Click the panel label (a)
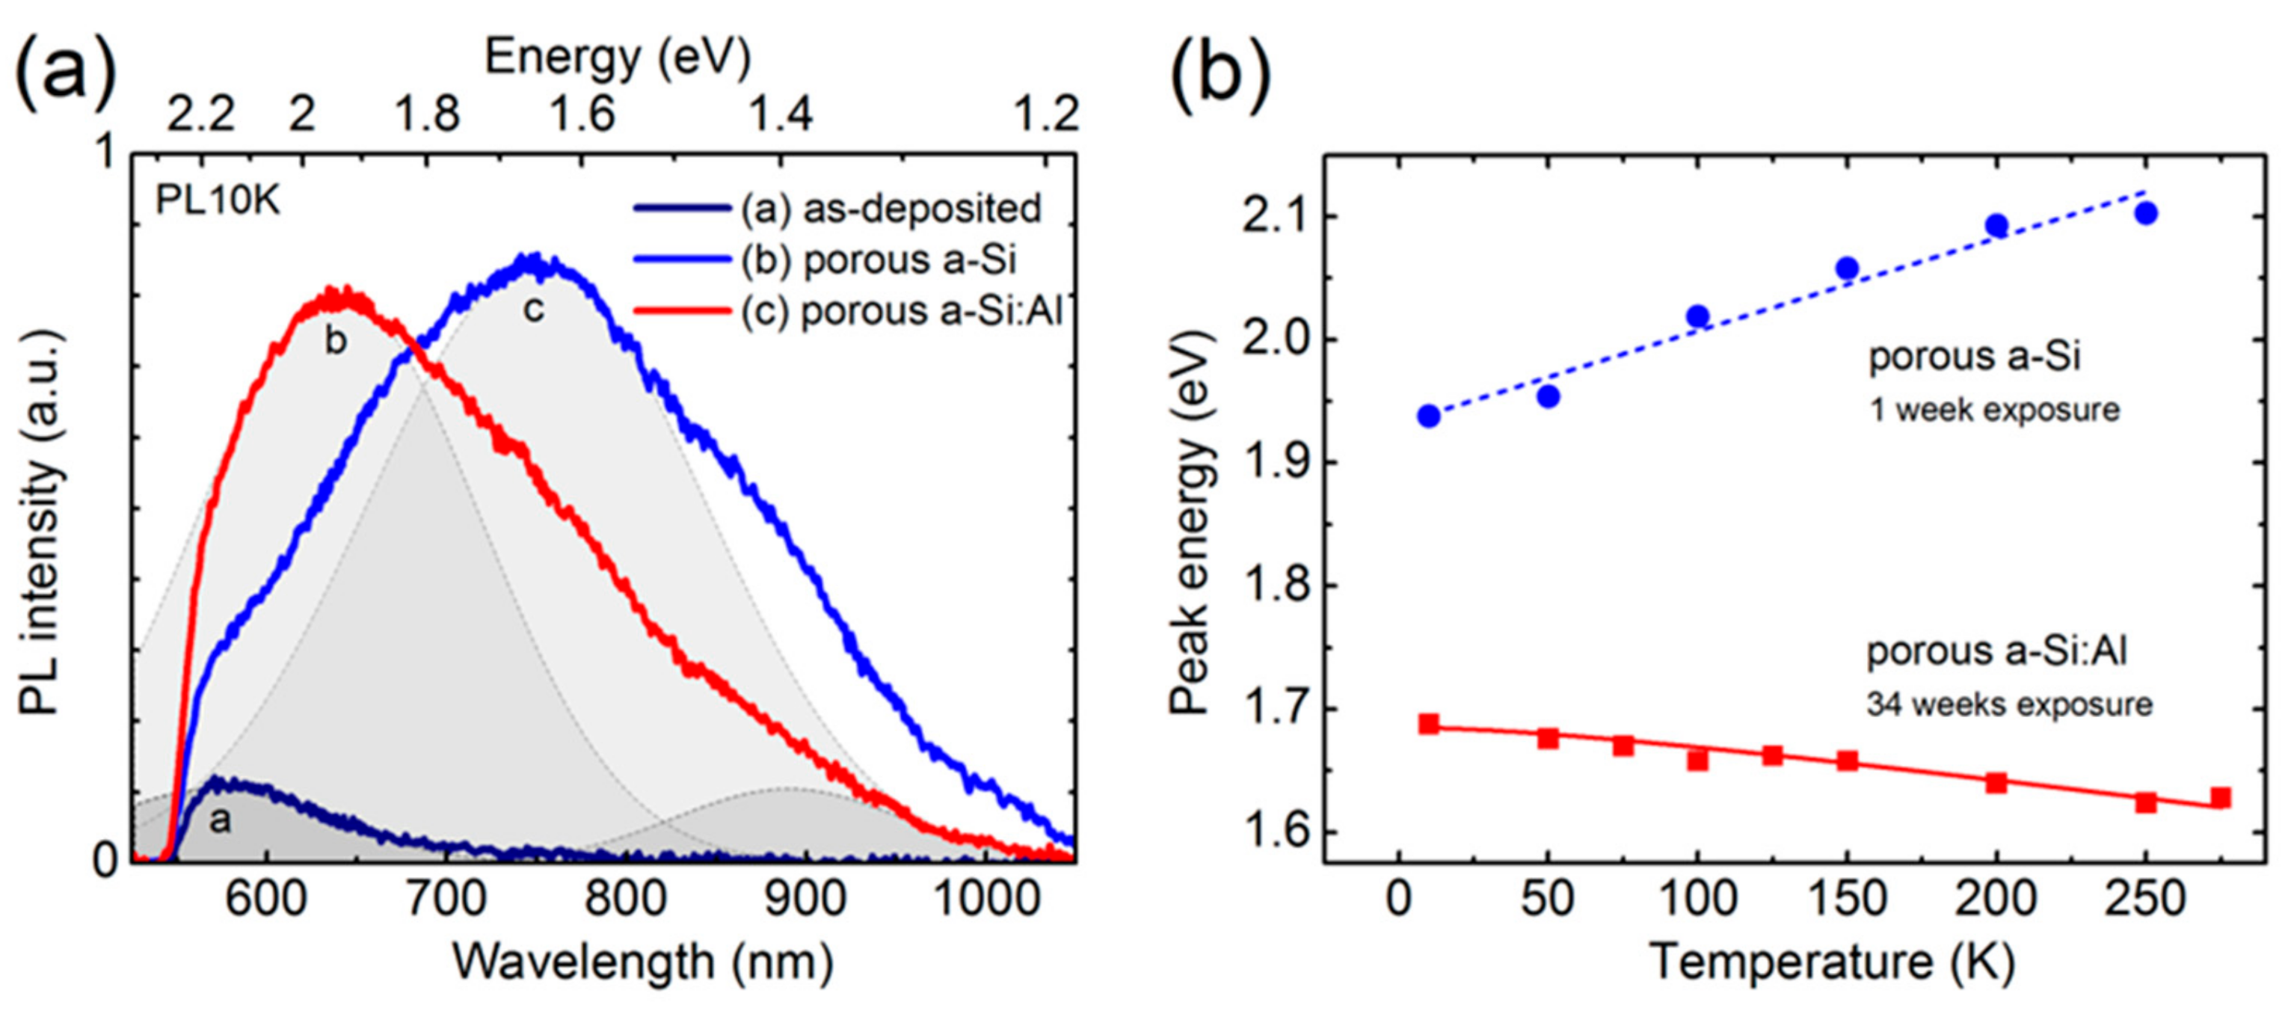point(67,70)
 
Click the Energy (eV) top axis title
point(617,57)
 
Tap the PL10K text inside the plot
point(218,200)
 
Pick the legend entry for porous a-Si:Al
point(901,311)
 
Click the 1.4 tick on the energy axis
point(780,114)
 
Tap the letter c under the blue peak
point(532,309)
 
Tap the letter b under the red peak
point(335,341)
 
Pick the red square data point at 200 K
point(1996,783)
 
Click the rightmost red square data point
point(2221,797)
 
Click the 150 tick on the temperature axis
point(1846,900)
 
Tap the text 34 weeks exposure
point(2009,704)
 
